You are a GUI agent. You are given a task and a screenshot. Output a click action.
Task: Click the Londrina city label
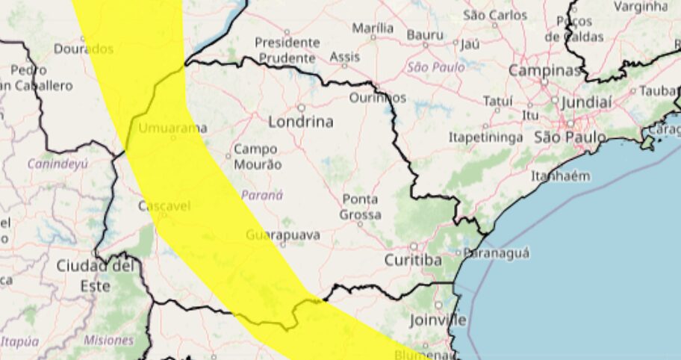[x=300, y=122]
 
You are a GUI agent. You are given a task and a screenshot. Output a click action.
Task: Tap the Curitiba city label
[x=413, y=260]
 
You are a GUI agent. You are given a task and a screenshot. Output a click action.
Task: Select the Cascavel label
[x=164, y=205]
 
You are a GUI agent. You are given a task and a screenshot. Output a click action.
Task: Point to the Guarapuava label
[x=283, y=235]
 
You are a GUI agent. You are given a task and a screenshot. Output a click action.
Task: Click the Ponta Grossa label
[x=360, y=207]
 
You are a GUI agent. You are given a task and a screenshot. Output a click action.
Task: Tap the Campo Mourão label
[x=258, y=157]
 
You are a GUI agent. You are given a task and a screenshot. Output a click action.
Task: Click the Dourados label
[x=84, y=49]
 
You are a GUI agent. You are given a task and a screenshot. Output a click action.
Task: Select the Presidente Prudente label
[x=287, y=50]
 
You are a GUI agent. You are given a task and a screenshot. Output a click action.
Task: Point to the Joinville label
[x=438, y=320]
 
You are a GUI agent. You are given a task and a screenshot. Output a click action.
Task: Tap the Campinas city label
[x=545, y=71]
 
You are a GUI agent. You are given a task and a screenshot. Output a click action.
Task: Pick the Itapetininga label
[x=485, y=138]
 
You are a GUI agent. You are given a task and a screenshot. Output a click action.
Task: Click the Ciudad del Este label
[x=96, y=275]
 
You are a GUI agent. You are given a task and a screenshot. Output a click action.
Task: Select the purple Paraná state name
[x=262, y=195]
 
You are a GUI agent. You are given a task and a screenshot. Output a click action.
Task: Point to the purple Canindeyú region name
[x=57, y=163]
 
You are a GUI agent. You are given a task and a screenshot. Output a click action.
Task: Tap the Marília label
[x=373, y=28]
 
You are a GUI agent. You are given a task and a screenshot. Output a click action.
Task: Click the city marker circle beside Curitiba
[x=414, y=246]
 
